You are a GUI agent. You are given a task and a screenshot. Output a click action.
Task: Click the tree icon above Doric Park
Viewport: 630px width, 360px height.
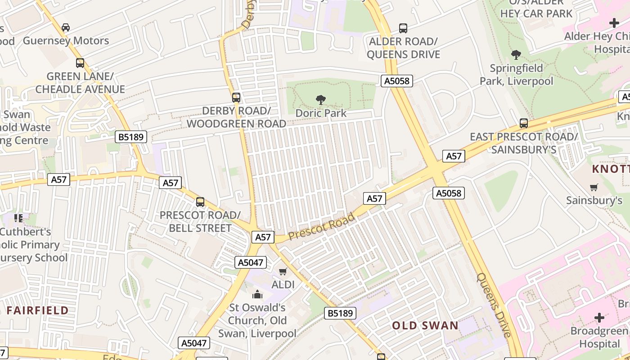click(x=321, y=99)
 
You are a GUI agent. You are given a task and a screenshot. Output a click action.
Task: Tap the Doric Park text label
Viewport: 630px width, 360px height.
click(x=321, y=113)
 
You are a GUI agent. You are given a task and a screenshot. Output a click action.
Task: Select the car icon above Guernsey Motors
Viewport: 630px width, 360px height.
click(x=66, y=27)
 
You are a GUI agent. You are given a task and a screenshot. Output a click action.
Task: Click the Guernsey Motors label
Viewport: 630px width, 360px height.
click(x=66, y=40)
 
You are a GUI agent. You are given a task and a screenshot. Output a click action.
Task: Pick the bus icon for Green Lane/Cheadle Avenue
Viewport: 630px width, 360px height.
click(x=80, y=63)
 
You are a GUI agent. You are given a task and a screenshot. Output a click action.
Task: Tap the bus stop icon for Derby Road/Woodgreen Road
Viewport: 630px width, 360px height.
click(x=236, y=97)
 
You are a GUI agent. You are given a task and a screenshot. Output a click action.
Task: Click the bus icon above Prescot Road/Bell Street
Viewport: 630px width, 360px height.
click(x=200, y=202)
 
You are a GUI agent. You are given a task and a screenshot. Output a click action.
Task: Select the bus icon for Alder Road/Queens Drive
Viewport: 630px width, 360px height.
click(x=403, y=28)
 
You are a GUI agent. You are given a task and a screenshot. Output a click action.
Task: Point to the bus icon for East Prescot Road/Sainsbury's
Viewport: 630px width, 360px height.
click(x=524, y=123)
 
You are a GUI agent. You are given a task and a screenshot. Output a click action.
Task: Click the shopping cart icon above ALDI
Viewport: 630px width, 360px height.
click(x=283, y=271)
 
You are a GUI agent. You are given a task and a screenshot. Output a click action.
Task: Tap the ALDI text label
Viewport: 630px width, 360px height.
click(x=283, y=284)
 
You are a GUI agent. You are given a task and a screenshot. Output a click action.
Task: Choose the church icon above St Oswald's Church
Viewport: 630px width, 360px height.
click(x=257, y=295)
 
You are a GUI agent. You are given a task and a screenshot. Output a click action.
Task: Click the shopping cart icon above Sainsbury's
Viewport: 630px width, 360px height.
click(x=594, y=187)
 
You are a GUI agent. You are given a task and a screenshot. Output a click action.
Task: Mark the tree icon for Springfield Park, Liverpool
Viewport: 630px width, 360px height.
click(x=516, y=55)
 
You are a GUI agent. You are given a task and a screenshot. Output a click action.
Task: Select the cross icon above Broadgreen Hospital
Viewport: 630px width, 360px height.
click(x=599, y=318)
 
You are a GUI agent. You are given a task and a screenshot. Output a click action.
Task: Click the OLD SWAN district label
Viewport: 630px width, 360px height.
click(x=425, y=325)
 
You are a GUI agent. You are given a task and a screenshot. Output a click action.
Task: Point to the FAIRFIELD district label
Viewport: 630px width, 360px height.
click(x=37, y=310)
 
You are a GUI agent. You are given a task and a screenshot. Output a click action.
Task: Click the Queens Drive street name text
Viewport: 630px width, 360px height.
click(x=494, y=305)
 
